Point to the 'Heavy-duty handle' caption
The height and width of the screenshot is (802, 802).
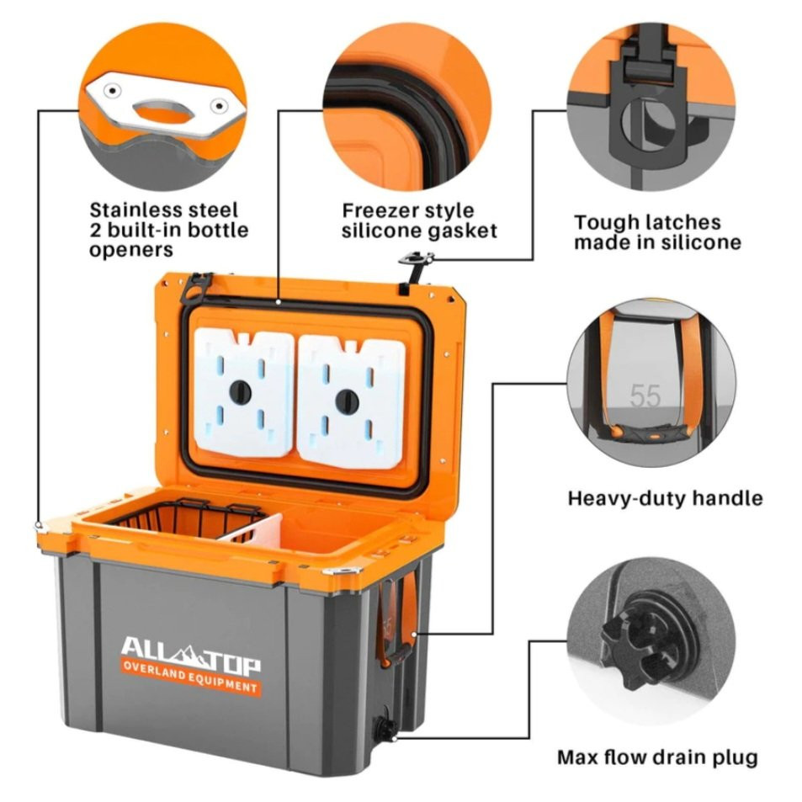(x=665, y=497)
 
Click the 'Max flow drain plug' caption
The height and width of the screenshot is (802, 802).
(x=657, y=757)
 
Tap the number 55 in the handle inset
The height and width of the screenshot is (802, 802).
(x=645, y=396)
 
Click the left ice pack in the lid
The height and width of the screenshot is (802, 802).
(x=243, y=391)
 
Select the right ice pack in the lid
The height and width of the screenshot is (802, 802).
(x=348, y=400)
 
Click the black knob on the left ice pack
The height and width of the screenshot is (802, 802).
(x=241, y=390)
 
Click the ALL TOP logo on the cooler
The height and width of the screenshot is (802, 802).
(x=190, y=650)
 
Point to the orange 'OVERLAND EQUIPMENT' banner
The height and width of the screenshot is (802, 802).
(x=190, y=678)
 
